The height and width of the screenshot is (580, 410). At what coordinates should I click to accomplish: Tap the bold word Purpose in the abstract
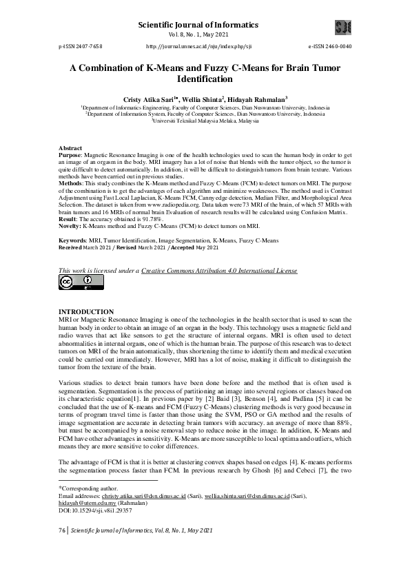click(x=70, y=156)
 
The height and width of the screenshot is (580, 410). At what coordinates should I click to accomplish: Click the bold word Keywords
click(x=74, y=241)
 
